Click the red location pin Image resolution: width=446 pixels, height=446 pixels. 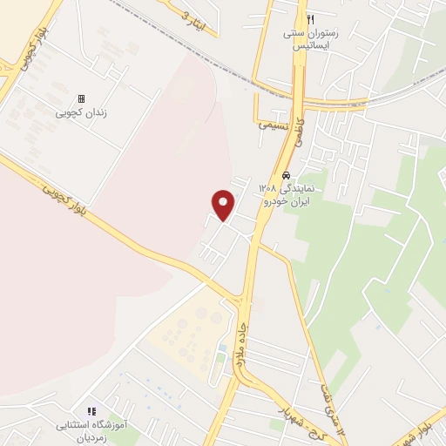tap(224, 204)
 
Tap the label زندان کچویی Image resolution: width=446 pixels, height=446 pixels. tap(82, 112)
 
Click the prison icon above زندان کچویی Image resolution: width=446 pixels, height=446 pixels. tap(82, 99)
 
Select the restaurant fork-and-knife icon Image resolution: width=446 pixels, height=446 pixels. tap(311, 19)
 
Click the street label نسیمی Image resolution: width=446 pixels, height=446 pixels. tap(273, 125)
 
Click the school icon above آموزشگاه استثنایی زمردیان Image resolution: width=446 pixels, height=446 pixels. tap(91, 411)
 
